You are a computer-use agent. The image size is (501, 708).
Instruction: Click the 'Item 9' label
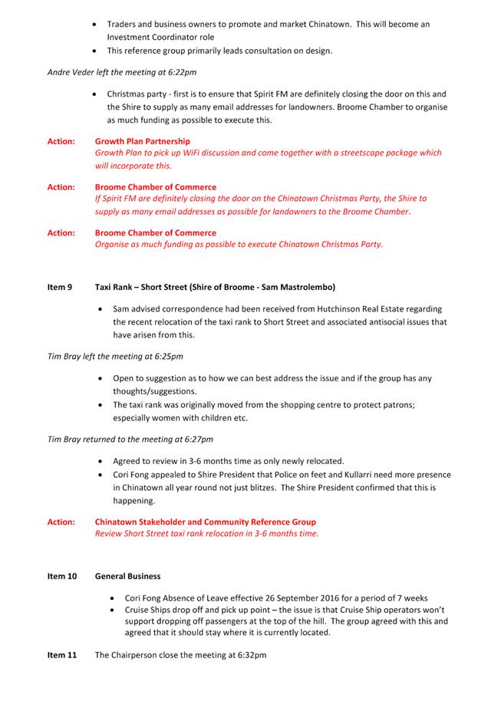(x=60, y=288)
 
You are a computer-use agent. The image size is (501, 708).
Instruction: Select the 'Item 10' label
(x=62, y=575)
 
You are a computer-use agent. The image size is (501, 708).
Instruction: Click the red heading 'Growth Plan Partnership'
(x=143, y=141)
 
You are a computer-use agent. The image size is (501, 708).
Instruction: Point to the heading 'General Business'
(x=127, y=575)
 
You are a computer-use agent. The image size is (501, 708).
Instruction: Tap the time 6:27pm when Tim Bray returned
(x=196, y=440)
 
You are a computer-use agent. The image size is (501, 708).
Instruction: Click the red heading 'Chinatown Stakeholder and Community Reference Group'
(x=205, y=522)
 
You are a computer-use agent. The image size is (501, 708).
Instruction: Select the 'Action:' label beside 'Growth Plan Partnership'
(x=61, y=141)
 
